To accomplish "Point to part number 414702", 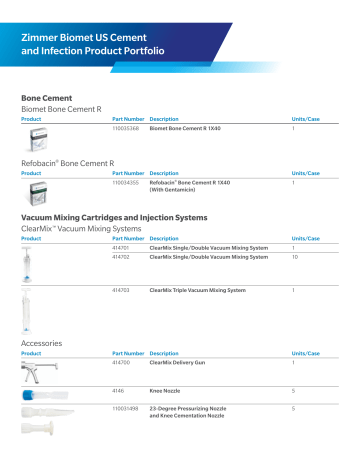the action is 122,257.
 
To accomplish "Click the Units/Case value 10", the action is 294,257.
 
